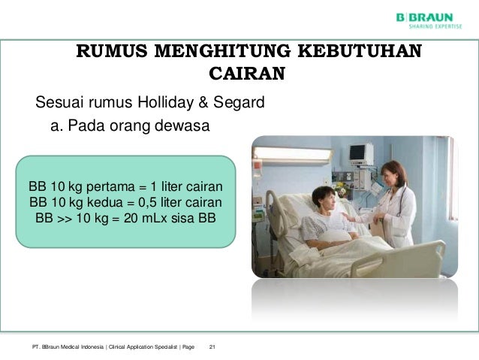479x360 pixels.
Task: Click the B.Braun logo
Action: point(424,16)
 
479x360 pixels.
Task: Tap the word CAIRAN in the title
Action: point(246,74)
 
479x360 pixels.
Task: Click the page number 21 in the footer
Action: point(212,346)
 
